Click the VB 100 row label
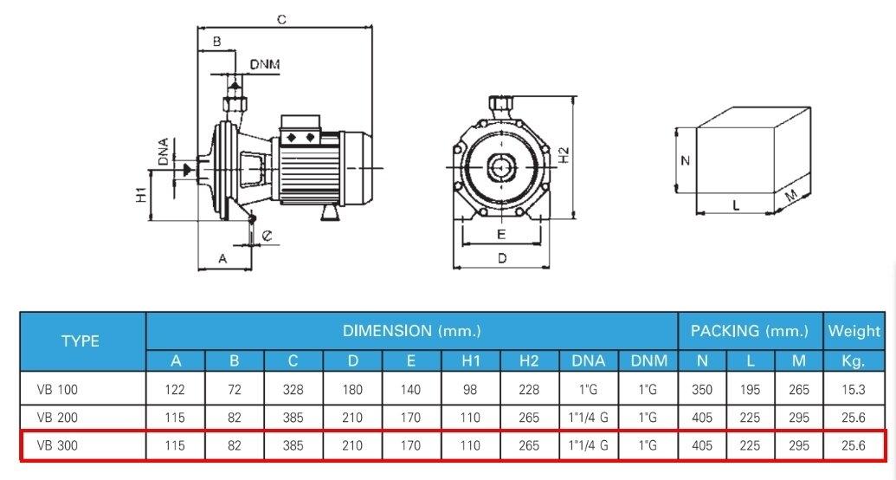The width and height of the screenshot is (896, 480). [x=59, y=391]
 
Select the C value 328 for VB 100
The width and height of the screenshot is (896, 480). [x=293, y=391]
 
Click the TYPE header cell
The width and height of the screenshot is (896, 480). [x=81, y=341]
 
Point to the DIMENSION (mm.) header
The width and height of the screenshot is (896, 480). [x=411, y=330]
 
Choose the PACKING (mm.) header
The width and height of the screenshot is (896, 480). [x=750, y=330]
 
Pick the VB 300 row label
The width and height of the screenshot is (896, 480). [x=59, y=446]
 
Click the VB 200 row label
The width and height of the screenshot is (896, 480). [x=59, y=418]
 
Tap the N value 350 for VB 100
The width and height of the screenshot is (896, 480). [x=702, y=391]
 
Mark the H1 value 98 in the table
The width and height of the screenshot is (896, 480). [x=470, y=391]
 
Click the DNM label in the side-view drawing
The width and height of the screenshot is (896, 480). [x=264, y=65]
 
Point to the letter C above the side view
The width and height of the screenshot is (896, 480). [x=281, y=18]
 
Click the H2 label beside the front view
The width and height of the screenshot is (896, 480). [x=564, y=154]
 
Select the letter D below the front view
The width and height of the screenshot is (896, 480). [x=501, y=258]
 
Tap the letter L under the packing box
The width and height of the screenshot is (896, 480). [x=735, y=205]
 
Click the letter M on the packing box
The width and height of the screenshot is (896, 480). [x=790, y=197]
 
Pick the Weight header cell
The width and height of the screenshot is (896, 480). [x=854, y=330]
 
